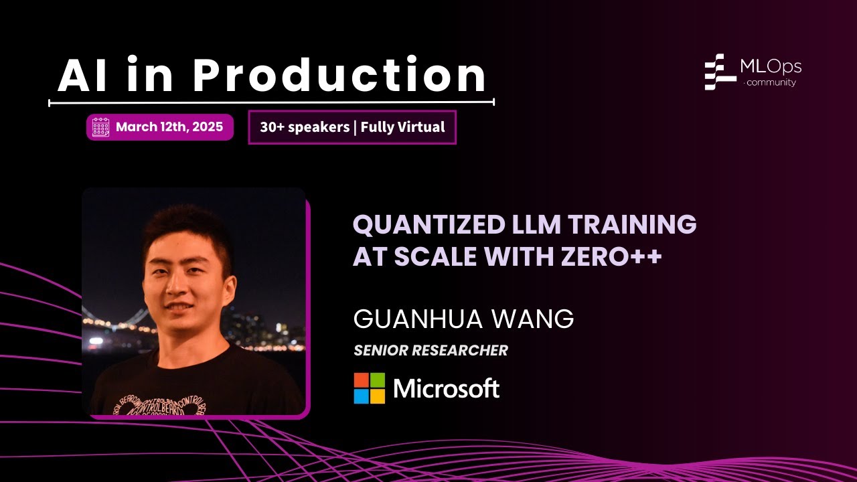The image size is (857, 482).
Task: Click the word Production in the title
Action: click(x=339, y=76)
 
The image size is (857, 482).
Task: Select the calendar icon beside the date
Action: click(x=100, y=127)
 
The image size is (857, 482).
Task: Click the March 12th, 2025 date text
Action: click(x=169, y=127)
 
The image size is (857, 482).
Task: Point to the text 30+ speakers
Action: click(x=305, y=127)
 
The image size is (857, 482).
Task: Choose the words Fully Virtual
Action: click(x=402, y=127)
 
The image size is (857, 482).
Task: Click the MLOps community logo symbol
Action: click(x=720, y=72)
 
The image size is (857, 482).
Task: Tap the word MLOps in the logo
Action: click(x=771, y=66)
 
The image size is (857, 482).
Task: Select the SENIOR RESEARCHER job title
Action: click(x=431, y=350)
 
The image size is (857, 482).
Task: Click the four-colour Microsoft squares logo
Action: click(x=370, y=388)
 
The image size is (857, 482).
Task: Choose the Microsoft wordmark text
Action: click(x=447, y=388)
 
